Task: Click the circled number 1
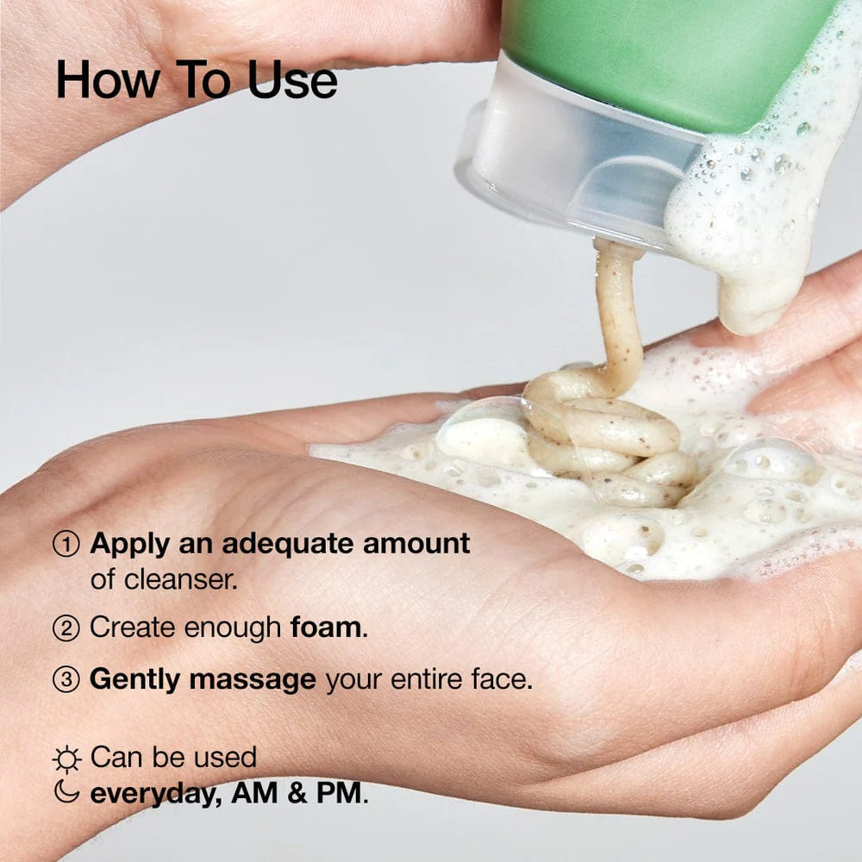pyautogui.click(x=66, y=544)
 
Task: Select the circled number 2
pyautogui.click(x=66, y=628)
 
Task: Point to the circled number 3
pyautogui.click(x=66, y=680)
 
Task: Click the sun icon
pyautogui.click(x=66, y=759)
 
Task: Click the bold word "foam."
pyautogui.click(x=329, y=628)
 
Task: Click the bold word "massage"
pyautogui.click(x=253, y=680)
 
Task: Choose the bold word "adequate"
pyautogui.click(x=275, y=544)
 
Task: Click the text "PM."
pyautogui.click(x=344, y=793)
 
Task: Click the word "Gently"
pyautogui.click(x=135, y=680)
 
